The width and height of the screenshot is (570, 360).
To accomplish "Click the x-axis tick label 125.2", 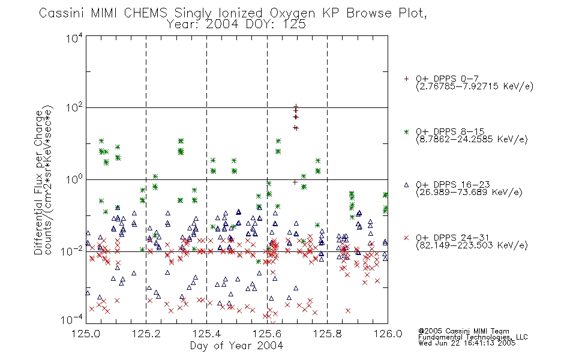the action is coord(146,334).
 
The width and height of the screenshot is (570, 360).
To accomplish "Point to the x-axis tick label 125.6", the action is coord(267,334).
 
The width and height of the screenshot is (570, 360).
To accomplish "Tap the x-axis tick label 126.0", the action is coord(388,334).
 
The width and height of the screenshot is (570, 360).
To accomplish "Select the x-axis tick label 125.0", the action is coord(86,334).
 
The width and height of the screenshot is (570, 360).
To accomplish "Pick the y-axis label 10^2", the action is coord(74,108).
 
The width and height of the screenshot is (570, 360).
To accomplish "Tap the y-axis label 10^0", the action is coord(74,179).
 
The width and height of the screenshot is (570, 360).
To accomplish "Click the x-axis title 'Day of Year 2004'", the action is coord(236,346).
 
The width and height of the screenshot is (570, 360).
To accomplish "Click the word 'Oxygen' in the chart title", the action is coord(293,13).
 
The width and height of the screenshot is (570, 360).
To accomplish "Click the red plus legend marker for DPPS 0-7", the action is coord(406,79).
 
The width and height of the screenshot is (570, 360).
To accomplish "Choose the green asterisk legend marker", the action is coord(406,131).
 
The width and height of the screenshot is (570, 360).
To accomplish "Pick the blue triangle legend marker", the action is coord(406,185).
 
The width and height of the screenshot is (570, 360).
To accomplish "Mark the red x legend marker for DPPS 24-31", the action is coord(406,238).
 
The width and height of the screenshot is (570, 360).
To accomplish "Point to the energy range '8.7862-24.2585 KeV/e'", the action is coord(472,140).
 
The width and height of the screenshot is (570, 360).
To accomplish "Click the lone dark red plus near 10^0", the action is coord(295,182).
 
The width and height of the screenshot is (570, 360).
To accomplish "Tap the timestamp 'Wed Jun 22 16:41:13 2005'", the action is coord(467,343).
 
